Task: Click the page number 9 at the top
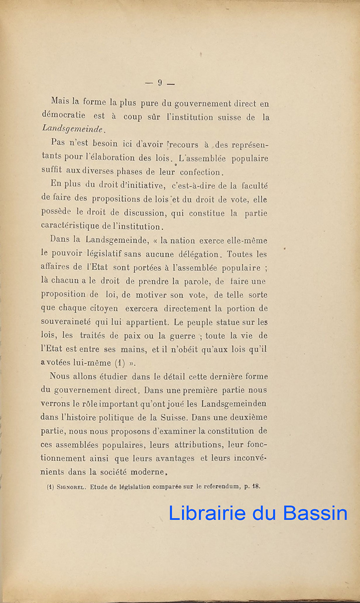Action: click(160, 83)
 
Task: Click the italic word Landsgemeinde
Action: click(74, 129)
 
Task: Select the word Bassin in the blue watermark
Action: click(315, 513)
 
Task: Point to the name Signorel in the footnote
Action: click(74, 486)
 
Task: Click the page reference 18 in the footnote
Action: click(256, 486)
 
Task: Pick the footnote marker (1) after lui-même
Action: click(119, 363)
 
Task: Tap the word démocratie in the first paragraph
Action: click(63, 116)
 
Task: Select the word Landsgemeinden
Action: click(234, 404)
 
